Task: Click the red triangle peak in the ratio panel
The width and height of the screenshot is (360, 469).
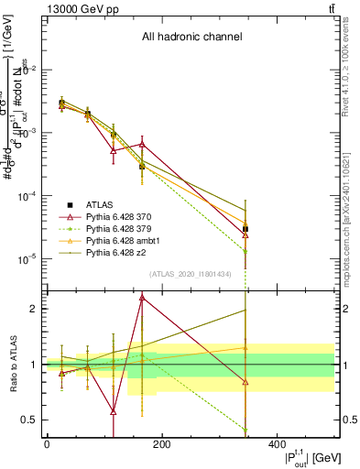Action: pos(142,298)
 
